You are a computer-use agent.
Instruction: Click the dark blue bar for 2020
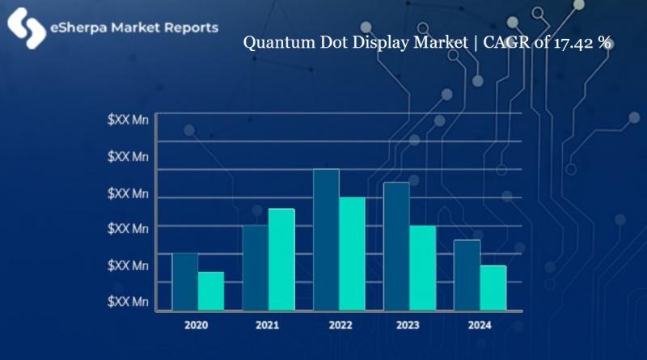pyautogui.click(x=185, y=281)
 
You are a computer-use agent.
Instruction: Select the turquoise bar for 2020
pyautogui.click(x=210, y=290)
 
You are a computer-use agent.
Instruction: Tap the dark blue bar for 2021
pyautogui.click(x=256, y=267)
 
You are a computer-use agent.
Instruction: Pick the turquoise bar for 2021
pyautogui.click(x=281, y=259)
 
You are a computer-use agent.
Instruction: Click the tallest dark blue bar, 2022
pyautogui.click(x=326, y=239)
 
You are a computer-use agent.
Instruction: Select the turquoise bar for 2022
pyautogui.click(x=352, y=253)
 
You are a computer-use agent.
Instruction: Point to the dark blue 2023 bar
pyautogui.click(x=396, y=245)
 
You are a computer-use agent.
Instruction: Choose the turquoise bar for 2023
pyautogui.click(x=422, y=267)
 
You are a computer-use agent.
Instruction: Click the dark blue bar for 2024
pyautogui.click(x=467, y=274)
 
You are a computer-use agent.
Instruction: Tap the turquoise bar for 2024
pyautogui.click(x=493, y=287)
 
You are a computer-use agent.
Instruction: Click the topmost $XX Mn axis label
pyautogui.click(x=128, y=120)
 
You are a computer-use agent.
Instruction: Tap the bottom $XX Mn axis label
pyautogui.click(x=128, y=302)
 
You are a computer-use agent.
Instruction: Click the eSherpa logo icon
pyautogui.click(x=26, y=28)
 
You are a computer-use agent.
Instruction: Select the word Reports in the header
pyautogui.click(x=188, y=28)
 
